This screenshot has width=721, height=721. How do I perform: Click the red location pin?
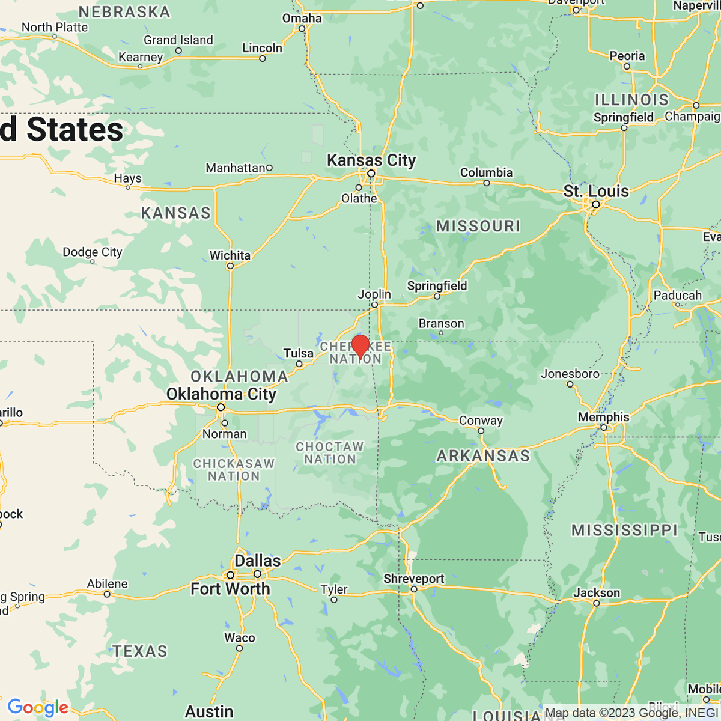pyautogui.click(x=360, y=346)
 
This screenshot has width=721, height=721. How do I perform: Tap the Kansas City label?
pyautogui.click(x=371, y=160)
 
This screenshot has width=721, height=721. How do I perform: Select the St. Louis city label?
pyautogui.click(x=596, y=192)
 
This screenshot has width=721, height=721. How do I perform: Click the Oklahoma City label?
pyautogui.click(x=221, y=394)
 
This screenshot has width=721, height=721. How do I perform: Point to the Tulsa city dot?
pyautogui.click(x=299, y=364)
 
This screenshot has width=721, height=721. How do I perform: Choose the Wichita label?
pyautogui.click(x=230, y=255)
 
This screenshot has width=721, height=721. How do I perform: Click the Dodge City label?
pyautogui.click(x=92, y=252)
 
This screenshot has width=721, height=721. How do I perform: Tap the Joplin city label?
pyautogui.click(x=374, y=294)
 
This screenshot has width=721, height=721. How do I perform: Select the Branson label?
pyautogui.click(x=441, y=324)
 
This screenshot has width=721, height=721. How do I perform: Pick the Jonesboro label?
pyautogui.click(x=570, y=374)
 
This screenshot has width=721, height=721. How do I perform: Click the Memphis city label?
pyautogui.click(x=603, y=417)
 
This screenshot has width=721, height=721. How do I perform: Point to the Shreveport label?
pyautogui.click(x=413, y=579)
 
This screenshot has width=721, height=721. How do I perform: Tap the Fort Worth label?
pyautogui.click(x=230, y=589)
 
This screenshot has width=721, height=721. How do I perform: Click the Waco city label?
pyautogui.click(x=239, y=638)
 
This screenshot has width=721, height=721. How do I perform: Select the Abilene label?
pyautogui.click(x=107, y=584)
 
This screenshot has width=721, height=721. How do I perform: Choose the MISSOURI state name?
pyautogui.click(x=478, y=226)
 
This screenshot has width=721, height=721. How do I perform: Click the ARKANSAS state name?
pyautogui.click(x=483, y=456)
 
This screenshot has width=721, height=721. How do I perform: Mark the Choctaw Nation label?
pyautogui.click(x=330, y=453)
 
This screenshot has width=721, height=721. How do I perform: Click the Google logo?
pyautogui.click(x=38, y=707)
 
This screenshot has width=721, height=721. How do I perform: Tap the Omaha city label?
pyautogui.click(x=302, y=19)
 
